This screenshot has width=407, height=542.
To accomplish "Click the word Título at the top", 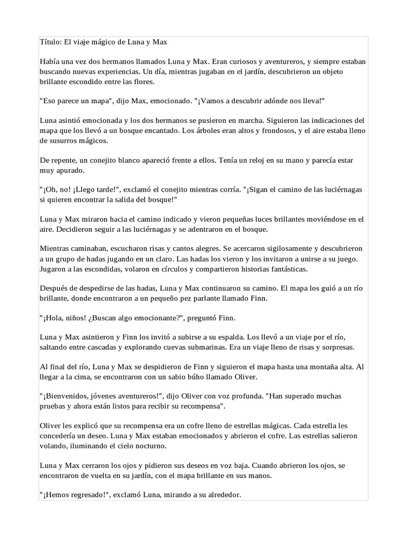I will click(50, 41).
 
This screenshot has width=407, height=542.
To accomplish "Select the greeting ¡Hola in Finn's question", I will click(55, 318).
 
